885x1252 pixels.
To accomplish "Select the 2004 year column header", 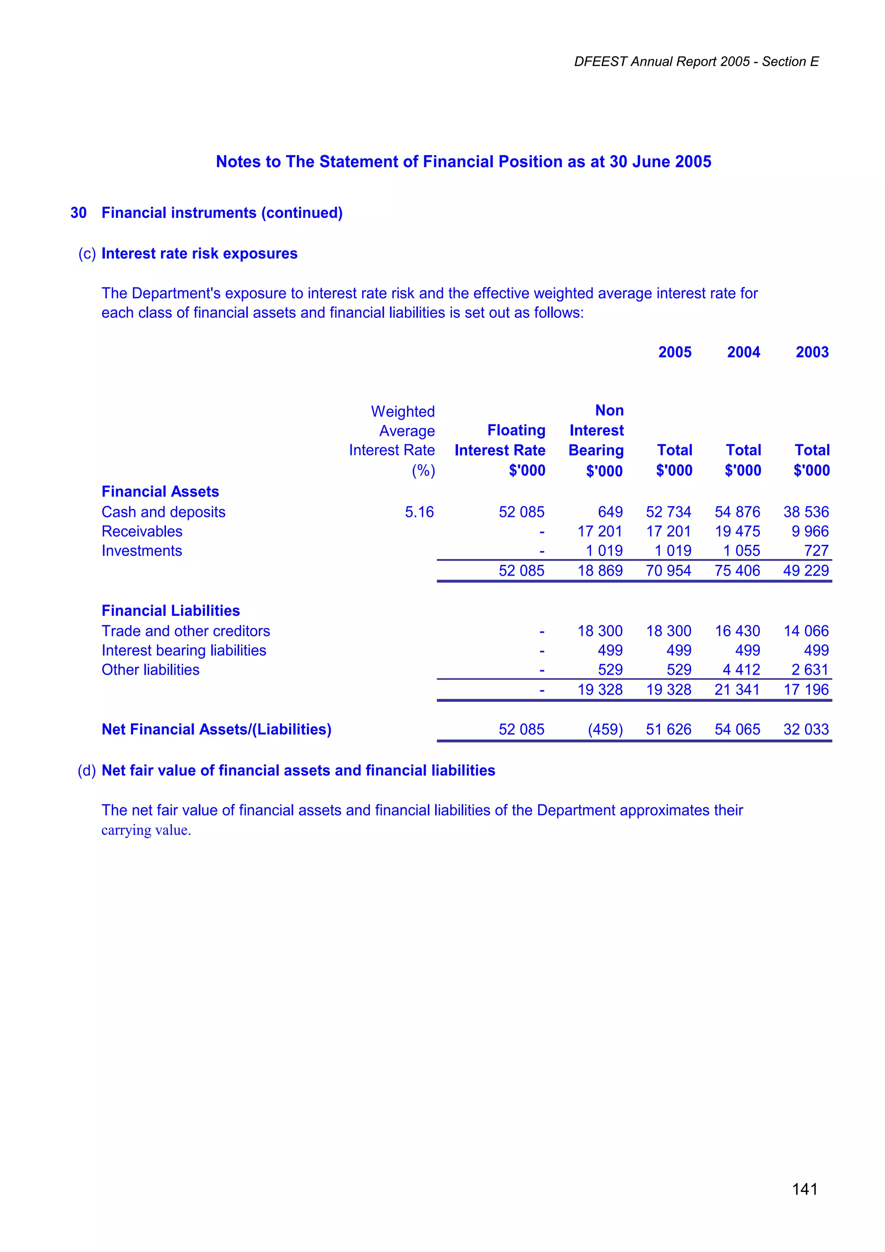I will [x=743, y=352].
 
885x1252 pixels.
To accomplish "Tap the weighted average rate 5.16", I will [x=419, y=512].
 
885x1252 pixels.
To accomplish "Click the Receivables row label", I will [x=142, y=531].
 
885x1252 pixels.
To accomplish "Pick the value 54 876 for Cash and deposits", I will [x=737, y=512].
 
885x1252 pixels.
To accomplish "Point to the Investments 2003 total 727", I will [x=816, y=551].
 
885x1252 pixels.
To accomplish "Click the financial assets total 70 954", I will [x=669, y=570].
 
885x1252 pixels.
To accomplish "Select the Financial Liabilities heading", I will [x=170, y=610].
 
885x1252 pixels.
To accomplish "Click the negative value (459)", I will [x=605, y=730].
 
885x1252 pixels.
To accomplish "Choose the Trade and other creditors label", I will [x=185, y=631].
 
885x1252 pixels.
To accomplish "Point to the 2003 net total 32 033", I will [x=806, y=730].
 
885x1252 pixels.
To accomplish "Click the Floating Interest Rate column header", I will [x=500, y=441].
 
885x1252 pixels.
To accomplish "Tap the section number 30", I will [x=79, y=213].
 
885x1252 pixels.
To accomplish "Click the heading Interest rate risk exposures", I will [x=199, y=254].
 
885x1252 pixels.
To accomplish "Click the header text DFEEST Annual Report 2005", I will [x=662, y=62].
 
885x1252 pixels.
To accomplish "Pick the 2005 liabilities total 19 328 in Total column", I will [x=669, y=690].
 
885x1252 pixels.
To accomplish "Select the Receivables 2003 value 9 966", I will [x=810, y=531].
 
